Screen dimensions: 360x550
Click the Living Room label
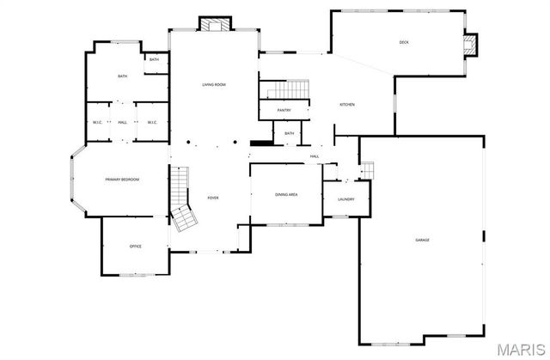pos(214,84)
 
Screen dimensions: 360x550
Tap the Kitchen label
pos(347,105)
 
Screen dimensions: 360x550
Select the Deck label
pos(404,43)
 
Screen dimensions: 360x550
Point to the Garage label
pos(422,240)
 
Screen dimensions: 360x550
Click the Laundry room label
pos(346,199)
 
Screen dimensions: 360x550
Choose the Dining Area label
pos(286,195)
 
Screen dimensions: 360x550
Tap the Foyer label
pos(213,198)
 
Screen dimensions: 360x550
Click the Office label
pos(135,247)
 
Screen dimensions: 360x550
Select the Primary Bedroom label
pos(122,179)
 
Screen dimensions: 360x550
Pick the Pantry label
pos(284,111)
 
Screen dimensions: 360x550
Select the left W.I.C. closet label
pos(98,122)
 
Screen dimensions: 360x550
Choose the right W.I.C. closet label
pos(151,122)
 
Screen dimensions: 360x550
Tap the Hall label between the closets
pos(123,122)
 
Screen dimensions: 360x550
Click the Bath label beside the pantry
pos(289,133)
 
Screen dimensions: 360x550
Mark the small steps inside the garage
pos(368,171)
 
